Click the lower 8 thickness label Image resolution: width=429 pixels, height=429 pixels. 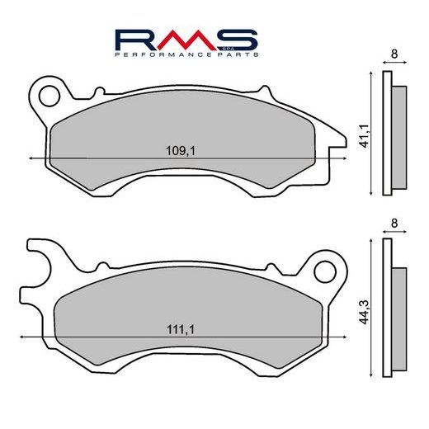[394, 224]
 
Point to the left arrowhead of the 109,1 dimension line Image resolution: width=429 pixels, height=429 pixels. [31, 157]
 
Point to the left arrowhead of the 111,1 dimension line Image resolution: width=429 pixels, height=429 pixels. [21, 337]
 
